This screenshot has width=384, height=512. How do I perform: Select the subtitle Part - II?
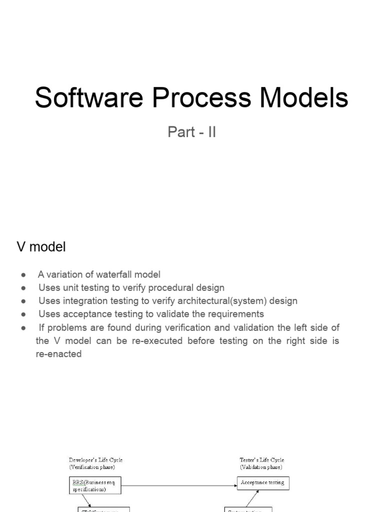pyautogui.click(x=192, y=133)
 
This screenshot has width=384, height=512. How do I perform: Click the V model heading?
pyautogui.click(x=41, y=247)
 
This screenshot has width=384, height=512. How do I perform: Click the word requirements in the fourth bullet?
pyautogui.click(x=235, y=314)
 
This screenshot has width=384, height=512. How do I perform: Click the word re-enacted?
pyautogui.click(x=58, y=354)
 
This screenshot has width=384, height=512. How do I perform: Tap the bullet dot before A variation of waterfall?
pyautogui.click(x=23, y=275)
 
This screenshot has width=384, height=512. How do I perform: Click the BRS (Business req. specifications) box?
pyautogui.click(x=94, y=485)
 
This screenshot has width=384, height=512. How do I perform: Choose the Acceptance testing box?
pyautogui.click(x=262, y=483)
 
